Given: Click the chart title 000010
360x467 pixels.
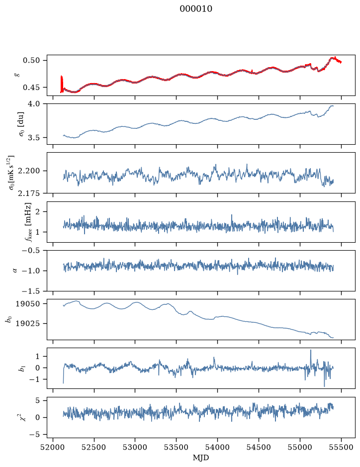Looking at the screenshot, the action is (x=195, y=9).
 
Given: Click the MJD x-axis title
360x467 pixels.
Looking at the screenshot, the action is (x=201, y=458).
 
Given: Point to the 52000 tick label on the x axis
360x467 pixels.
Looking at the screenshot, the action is (x=53, y=447).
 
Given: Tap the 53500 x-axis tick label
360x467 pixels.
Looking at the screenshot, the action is (x=177, y=447).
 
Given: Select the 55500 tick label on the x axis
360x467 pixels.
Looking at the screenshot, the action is (x=341, y=447).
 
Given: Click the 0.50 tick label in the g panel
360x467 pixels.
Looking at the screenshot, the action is (x=31, y=61).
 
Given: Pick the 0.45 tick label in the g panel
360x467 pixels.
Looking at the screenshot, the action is (x=31, y=88).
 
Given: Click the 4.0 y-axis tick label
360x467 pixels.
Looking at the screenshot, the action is (x=34, y=103).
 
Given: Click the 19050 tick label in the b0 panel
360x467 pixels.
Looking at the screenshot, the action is (x=27, y=304).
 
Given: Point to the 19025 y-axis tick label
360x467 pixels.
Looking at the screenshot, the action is (x=27, y=323).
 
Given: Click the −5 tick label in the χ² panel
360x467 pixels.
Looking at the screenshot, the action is (x=34, y=435).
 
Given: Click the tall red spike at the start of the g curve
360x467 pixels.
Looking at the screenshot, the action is (x=62, y=84).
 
